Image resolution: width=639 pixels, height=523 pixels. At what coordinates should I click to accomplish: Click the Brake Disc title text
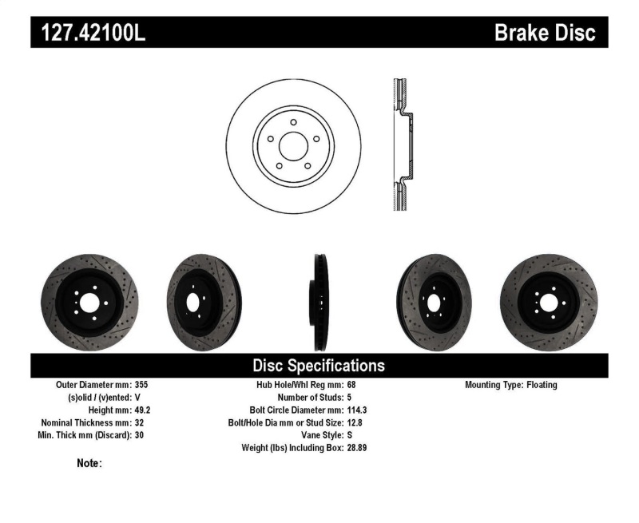coord(545,33)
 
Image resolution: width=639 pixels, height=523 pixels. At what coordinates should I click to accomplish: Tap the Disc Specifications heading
coord(319,366)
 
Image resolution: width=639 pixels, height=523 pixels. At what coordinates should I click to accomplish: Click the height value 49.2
coord(141,410)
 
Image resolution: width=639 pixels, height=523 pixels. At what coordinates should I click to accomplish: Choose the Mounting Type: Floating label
coord(511,385)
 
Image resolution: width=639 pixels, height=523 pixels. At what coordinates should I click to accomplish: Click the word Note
coord(88,463)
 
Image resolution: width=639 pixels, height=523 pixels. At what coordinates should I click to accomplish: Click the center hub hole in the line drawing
coord(293,145)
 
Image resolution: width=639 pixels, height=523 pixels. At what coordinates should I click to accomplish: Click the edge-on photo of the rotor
coord(319,303)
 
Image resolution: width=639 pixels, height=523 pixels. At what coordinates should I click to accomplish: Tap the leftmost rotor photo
coord(89,303)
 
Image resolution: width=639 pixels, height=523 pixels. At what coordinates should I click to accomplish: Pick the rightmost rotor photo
coord(548,303)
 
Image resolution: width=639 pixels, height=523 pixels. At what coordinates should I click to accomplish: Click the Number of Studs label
coord(310,397)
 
